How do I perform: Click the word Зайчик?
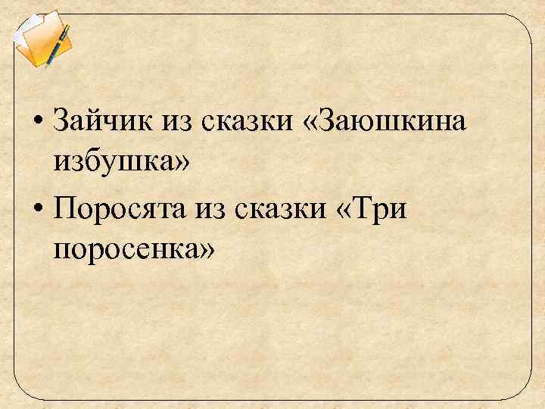(103, 120)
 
